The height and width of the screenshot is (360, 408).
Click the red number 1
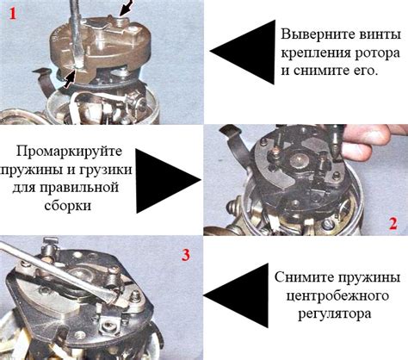click(x=13, y=14)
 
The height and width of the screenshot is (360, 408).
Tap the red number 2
click(x=393, y=224)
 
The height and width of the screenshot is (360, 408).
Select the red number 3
click(x=186, y=255)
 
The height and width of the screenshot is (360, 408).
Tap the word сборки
click(x=68, y=206)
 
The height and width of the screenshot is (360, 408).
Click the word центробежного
click(x=337, y=295)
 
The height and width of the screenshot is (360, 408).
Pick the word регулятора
click(x=335, y=313)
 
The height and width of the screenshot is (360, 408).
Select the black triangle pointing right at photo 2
click(x=168, y=181)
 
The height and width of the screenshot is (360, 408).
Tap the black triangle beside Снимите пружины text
click(x=235, y=295)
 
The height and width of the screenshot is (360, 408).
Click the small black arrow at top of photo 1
click(x=127, y=8)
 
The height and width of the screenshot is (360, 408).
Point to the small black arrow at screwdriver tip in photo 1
click(x=69, y=79)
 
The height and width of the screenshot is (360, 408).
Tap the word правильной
click(x=79, y=188)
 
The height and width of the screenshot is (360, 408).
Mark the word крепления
click(x=316, y=53)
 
